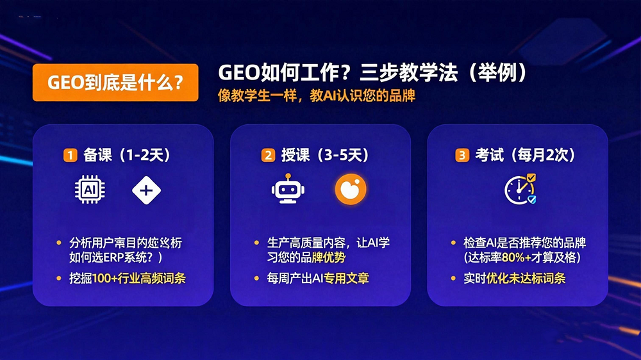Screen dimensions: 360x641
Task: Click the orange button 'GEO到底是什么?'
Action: (115, 83)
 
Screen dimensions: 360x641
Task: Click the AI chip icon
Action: (90, 190)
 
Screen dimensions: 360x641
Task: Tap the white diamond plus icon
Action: (147, 190)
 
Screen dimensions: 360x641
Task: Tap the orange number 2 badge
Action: (268, 155)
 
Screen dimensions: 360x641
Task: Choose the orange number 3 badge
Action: (462, 155)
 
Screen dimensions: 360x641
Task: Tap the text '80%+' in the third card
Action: (524, 258)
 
